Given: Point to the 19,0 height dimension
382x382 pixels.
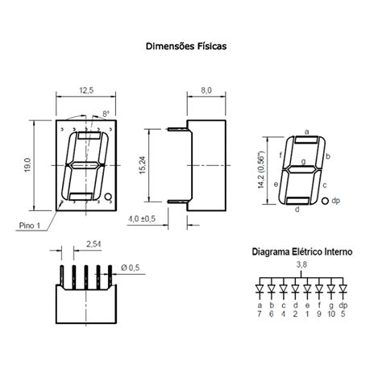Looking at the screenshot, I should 27,166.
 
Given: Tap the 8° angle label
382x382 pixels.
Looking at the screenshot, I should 106,115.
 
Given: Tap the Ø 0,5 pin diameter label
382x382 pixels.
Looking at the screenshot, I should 130,267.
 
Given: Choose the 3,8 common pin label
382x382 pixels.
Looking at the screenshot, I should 301,264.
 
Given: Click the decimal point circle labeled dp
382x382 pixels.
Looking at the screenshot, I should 325,200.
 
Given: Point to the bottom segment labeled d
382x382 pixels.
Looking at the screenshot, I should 296,198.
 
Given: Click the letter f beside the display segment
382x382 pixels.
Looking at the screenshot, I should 280,154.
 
